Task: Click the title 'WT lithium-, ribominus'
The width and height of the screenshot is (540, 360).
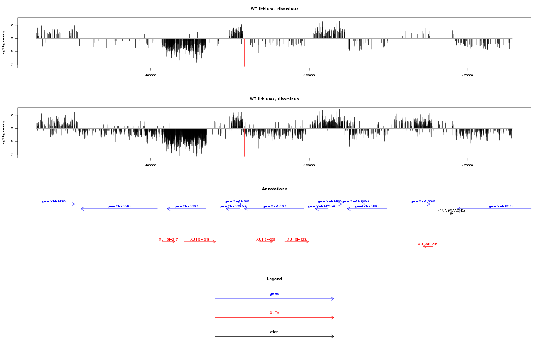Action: coord(274,9)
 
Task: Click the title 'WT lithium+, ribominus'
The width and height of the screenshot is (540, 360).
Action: coord(274,99)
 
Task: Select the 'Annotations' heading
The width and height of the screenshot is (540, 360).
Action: coord(274,189)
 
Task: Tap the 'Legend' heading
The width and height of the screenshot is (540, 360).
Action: coord(274,279)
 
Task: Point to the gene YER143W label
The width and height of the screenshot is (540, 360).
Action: coord(54,201)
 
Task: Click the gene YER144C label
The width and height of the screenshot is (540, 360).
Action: coord(119,206)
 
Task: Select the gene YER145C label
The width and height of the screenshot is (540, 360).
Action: coord(186,206)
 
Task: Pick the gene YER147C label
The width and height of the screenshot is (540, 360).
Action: coord(274,206)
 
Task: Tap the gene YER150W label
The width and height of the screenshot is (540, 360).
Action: coord(423,201)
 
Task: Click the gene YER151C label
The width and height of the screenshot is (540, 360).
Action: coord(500,206)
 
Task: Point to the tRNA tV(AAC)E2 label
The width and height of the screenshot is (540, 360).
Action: coord(451,211)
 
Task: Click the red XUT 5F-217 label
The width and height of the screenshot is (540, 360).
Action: coord(168,239)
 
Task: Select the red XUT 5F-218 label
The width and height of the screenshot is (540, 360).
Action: coord(200,239)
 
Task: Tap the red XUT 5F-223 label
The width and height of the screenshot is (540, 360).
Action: coord(297,239)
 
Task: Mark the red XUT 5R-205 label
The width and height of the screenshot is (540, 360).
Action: coord(427,244)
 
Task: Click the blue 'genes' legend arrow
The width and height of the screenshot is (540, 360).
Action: coord(274,298)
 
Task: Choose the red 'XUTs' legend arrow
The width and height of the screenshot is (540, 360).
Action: coord(274,317)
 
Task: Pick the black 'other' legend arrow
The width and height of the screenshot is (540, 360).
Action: coord(274,336)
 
